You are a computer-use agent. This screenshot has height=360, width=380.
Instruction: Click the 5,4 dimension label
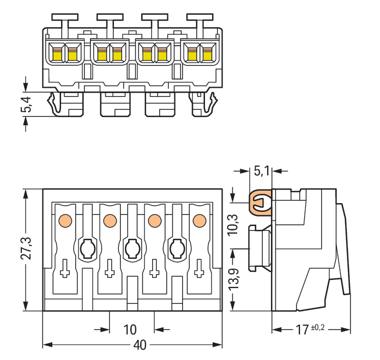click(26, 103)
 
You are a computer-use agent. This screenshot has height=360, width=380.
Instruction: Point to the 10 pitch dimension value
click(129, 330)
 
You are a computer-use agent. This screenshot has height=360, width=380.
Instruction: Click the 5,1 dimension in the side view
click(262, 171)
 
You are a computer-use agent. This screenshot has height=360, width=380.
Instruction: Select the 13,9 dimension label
click(233, 279)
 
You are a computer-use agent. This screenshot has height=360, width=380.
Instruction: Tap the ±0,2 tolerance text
click(319, 327)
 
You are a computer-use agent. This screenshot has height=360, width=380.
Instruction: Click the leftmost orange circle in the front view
click(65, 220)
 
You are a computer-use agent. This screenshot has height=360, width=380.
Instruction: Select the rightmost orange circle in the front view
click(199, 220)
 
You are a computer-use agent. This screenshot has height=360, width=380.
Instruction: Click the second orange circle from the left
click(110, 220)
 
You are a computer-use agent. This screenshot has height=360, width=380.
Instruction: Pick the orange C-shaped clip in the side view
click(260, 203)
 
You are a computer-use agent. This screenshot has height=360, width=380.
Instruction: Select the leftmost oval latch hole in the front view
click(87, 249)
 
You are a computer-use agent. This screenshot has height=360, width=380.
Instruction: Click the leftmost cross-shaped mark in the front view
click(65, 268)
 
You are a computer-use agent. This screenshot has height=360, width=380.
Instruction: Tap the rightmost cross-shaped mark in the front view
click(199, 268)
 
